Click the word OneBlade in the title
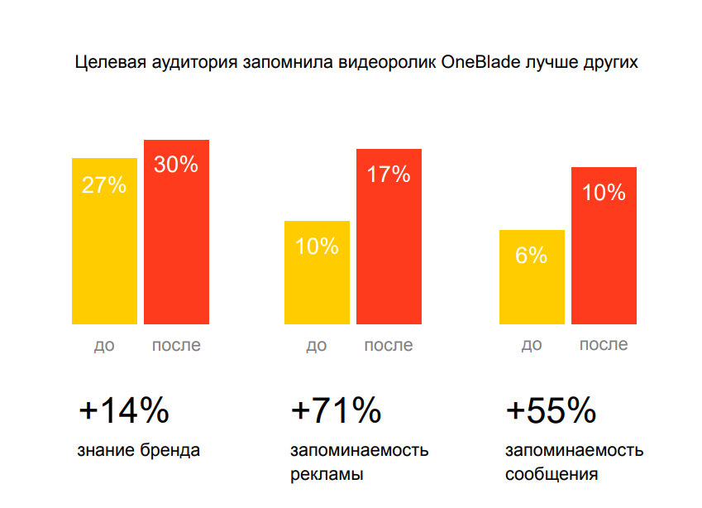(x=478, y=62)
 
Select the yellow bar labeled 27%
(x=104, y=248)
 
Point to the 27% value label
(x=104, y=185)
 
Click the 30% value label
(x=176, y=165)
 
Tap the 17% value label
(x=389, y=175)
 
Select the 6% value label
(x=532, y=256)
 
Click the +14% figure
(x=124, y=410)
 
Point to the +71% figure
(x=337, y=410)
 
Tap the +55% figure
(x=551, y=410)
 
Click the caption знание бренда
(x=139, y=451)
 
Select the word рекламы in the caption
(x=327, y=475)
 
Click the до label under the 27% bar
(x=104, y=345)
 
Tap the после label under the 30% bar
(x=176, y=345)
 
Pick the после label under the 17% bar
(x=389, y=345)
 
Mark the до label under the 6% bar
(x=532, y=345)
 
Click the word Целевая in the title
(x=106, y=62)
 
